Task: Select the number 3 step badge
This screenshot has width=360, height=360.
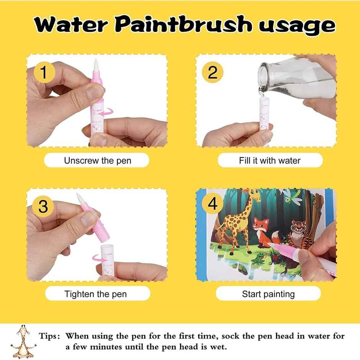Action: tap(43, 207)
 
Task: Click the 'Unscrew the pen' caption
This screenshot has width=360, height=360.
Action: tap(97, 160)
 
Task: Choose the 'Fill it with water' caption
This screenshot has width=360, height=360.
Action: tap(270, 160)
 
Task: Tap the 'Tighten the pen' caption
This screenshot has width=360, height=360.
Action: tap(95, 294)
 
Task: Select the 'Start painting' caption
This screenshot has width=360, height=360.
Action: tap(268, 294)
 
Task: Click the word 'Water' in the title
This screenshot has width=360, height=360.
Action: tap(70, 25)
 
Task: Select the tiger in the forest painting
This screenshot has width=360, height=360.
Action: tap(296, 234)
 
